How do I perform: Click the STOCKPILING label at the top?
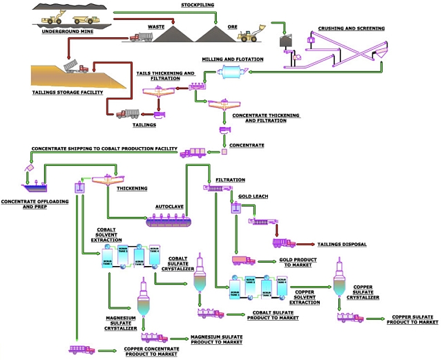(x=198, y=5)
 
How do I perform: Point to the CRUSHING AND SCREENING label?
(x=351, y=28)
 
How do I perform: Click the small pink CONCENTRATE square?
(x=224, y=152)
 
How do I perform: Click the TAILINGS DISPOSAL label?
(x=341, y=244)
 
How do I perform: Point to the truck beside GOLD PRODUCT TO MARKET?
(x=243, y=260)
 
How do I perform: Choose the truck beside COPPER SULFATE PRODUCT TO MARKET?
(x=350, y=317)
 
